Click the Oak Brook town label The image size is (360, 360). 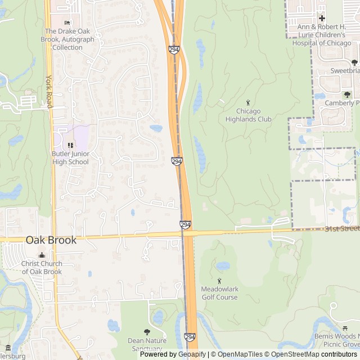coord(51,240)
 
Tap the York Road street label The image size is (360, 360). coord(49,92)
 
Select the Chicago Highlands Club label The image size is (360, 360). coord(248,115)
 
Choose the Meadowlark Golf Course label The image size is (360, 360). coord(219,293)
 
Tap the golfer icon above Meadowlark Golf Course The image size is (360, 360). coord(219,281)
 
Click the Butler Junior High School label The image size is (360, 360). coord(70,158)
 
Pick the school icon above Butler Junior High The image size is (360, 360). coord(70,146)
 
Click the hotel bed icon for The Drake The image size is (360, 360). coord(67,22)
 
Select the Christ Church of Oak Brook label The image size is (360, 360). coord(42,268)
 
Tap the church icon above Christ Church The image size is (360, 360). coord(42,255)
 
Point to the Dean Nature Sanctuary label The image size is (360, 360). coord(147,344)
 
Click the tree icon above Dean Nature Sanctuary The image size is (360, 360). coord(147,332)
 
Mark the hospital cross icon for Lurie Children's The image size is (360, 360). coord(322,19)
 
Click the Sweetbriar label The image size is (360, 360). coord(344,71)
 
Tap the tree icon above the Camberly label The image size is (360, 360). coord(347,94)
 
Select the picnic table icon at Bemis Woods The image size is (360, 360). coord(344,328)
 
